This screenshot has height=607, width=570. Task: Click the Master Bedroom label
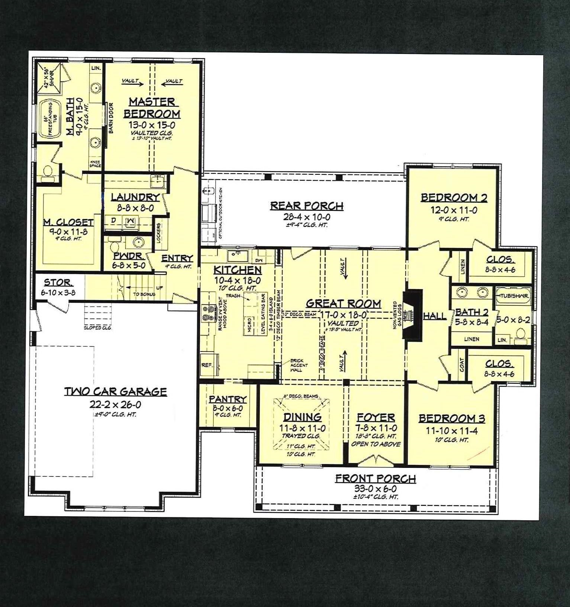pyautogui.click(x=152, y=107)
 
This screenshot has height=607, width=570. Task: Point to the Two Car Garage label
pyautogui.click(x=116, y=391)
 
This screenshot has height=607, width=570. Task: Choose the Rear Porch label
pyautogui.click(x=307, y=206)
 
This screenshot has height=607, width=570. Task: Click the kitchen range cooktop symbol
pyautogui.click(x=209, y=313)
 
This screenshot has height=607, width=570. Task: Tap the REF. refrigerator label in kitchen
pyautogui.click(x=207, y=365)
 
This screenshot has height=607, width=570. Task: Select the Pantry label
pyautogui.click(x=228, y=399)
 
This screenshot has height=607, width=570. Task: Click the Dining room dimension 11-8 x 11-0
pyautogui.click(x=302, y=428)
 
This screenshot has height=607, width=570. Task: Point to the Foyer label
pyautogui.click(x=376, y=417)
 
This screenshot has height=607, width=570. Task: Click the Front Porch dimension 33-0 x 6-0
pyautogui.click(x=375, y=489)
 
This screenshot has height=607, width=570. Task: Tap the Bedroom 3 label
pyautogui.click(x=452, y=418)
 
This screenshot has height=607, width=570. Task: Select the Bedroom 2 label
pyautogui.click(x=454, y=198)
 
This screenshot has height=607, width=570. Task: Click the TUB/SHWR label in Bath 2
pyautogui.click(x=513, y=296)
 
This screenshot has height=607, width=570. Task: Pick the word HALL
pyautogui.click(x=435, y=316)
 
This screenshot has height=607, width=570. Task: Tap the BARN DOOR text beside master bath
pyautogui.click(x=111, y=118)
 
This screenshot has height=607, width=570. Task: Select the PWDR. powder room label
pyautogui.click(x=129, y=256)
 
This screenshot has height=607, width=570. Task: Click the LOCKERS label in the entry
pyautogui.click(x=159, y=233)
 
